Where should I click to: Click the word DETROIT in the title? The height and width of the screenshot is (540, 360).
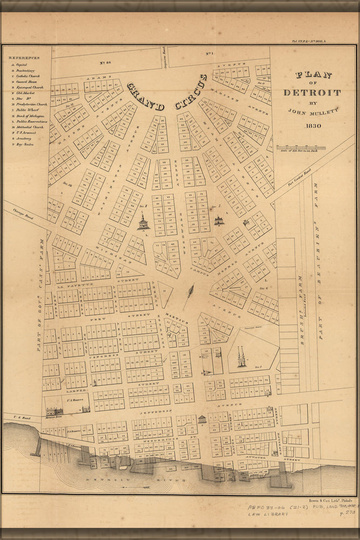[312, 92]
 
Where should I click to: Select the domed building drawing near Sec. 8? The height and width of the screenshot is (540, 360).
[144, 221]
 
